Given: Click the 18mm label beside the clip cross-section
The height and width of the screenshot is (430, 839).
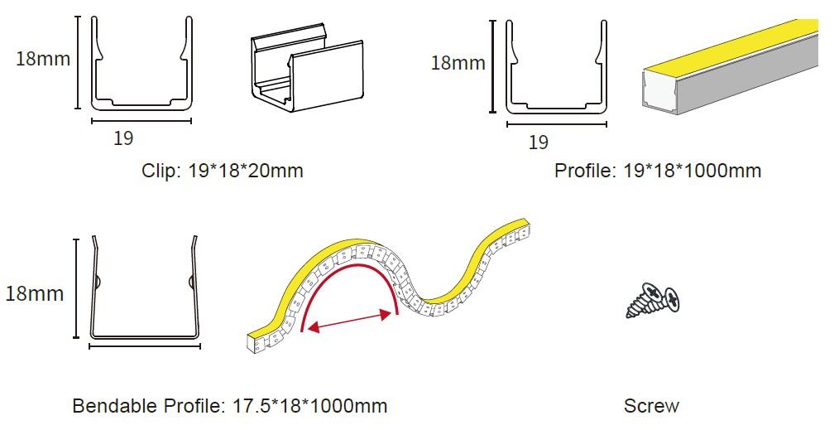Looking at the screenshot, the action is [x=43, y=58].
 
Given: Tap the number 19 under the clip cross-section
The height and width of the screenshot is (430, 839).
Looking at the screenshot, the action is [x=123, y=138].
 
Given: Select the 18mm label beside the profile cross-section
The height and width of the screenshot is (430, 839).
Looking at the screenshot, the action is [x=458, y=63].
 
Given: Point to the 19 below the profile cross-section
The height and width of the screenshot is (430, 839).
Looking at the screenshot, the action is [x=539, y=142].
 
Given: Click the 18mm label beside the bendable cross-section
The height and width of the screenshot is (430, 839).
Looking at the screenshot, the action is [x=35, y=293].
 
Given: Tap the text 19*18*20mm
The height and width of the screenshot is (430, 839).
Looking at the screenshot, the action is [x=246, y=171].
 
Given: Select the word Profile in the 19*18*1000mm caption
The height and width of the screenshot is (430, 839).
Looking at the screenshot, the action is [x=585, y=171].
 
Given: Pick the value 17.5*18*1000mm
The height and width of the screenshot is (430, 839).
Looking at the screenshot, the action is [x=310, y=405].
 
